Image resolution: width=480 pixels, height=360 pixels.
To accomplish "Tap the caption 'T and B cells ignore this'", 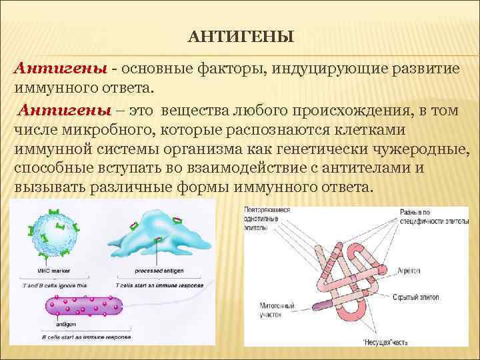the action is (55, 285).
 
